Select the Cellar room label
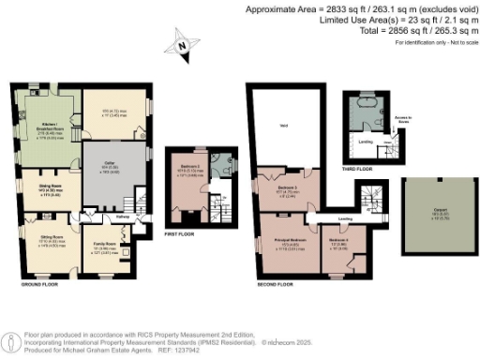click(110, 166)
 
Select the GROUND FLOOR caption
click(38, 282)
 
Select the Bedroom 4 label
click(337, 241)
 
